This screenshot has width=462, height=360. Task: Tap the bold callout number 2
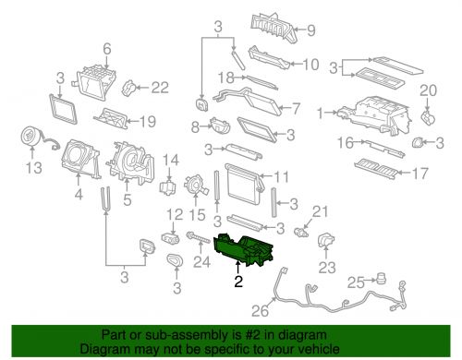[238, 282]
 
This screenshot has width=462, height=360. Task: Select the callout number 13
[33, 168]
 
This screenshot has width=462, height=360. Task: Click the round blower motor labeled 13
[31, 137]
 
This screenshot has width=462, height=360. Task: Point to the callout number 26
[260, 311]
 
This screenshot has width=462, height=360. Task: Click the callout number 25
[356, 282]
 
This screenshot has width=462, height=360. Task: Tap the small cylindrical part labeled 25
[382, 278]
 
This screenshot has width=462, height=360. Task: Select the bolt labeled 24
[198, 238]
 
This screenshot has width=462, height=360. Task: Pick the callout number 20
[428, 90]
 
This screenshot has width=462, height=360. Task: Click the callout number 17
[419, 174]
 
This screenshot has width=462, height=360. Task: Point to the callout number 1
[321, 114]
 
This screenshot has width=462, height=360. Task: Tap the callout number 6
[107, 49]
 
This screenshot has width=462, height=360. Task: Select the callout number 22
[160, 88]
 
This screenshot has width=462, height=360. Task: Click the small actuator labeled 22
[129, 88]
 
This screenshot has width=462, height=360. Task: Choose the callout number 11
[281, 176]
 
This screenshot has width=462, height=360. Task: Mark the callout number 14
[170, 160]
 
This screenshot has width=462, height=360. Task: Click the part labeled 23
[326, 242]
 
